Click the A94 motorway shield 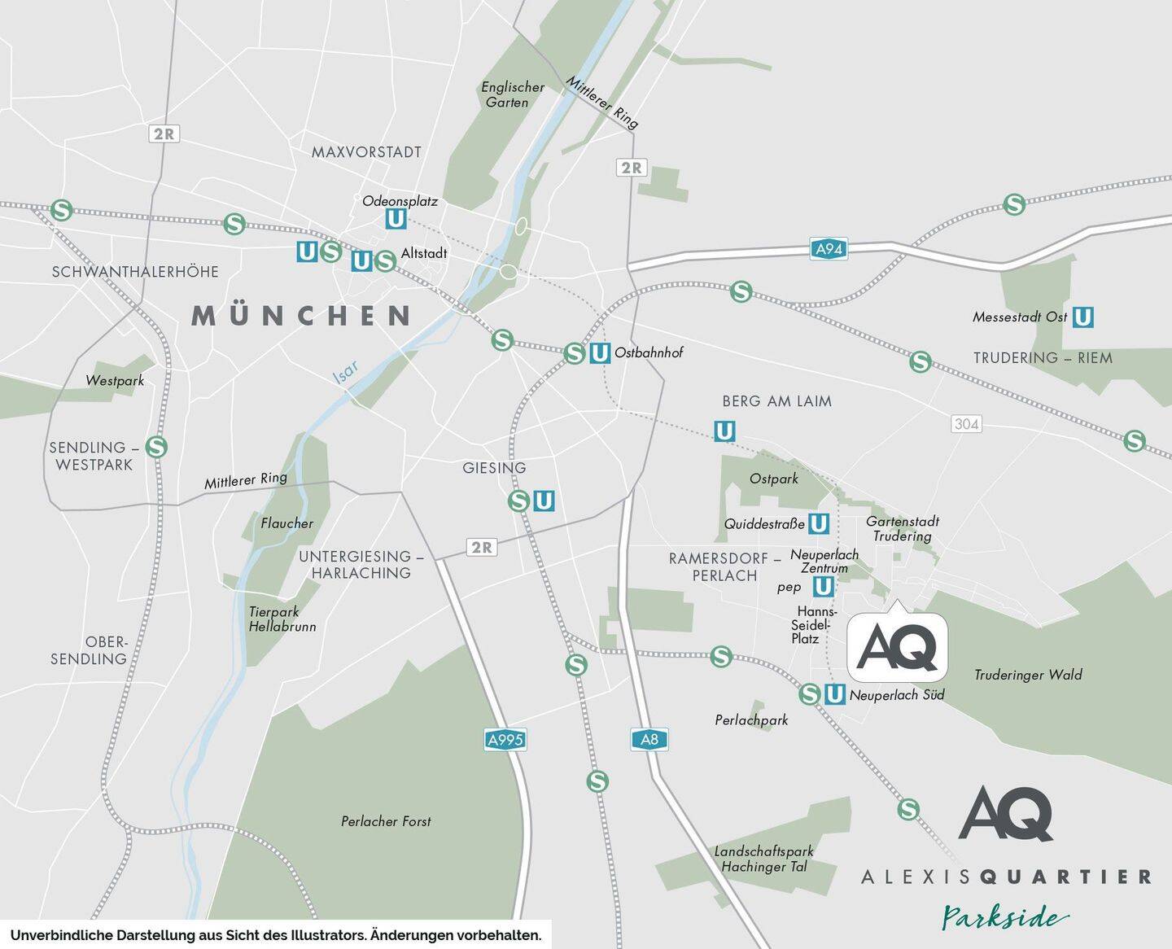coord(829,249)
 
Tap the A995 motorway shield coord(505,740)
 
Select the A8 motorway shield coord(649,740)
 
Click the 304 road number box coord(966,424)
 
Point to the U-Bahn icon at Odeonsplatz coord(396,219)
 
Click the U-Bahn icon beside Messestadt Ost coord(1082,317)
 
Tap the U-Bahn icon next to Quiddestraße coord(819,523)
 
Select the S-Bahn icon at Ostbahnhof coord(575,353)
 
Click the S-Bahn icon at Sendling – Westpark coord(156,447)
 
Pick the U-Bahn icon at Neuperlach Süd coord(834,694)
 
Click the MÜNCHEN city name coord(301,316)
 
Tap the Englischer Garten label coord(512,94)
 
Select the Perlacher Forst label coord(386,821)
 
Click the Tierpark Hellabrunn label coord(282,619)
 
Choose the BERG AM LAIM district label coord(776,400)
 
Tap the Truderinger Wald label coord(1028,675)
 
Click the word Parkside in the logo coord(1005,918)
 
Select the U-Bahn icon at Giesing coord(544,501)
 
